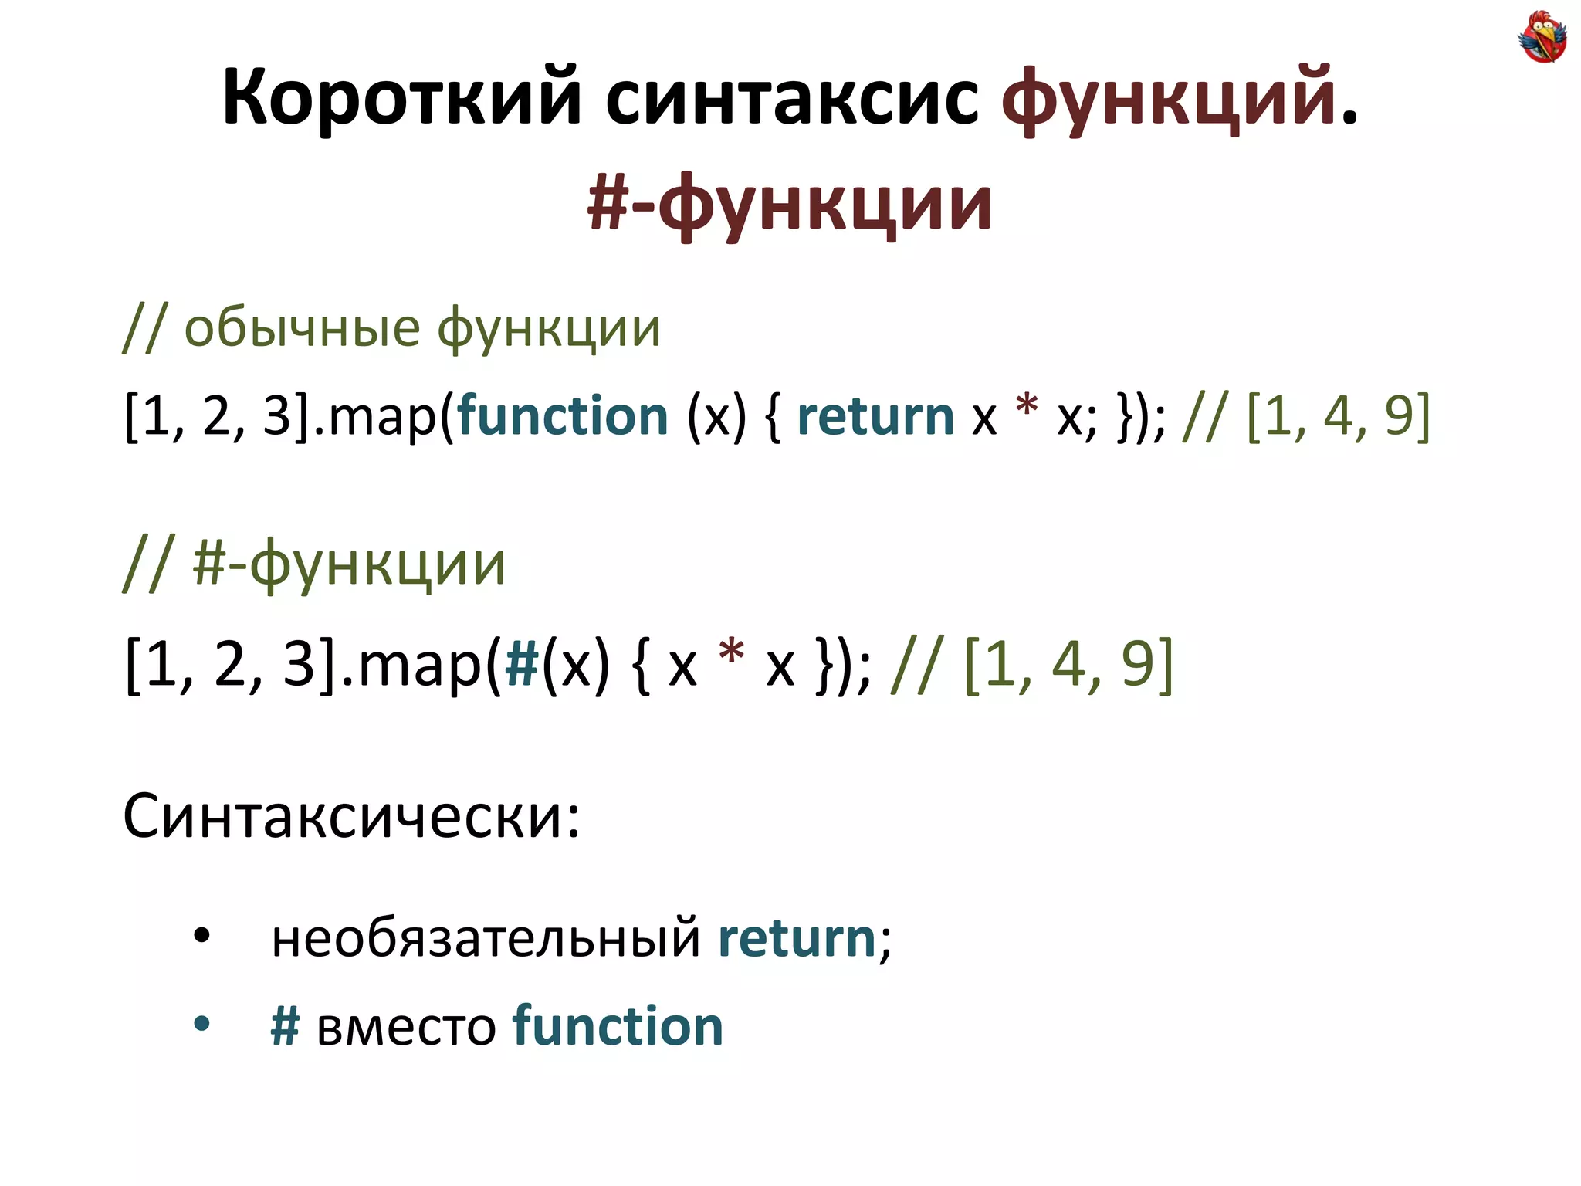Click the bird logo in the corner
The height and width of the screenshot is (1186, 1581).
(1542, 36)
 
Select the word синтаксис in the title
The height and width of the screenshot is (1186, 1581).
(791, 99)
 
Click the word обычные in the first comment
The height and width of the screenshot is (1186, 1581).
(302, 328)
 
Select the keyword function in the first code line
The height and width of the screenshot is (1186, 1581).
(563, 416)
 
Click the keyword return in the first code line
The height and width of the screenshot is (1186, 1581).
(875, 416)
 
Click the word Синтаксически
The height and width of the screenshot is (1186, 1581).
(351, 816)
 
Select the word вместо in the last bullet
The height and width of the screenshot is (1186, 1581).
(406, 1028)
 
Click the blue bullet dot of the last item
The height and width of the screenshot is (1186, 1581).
(201, 1025)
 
